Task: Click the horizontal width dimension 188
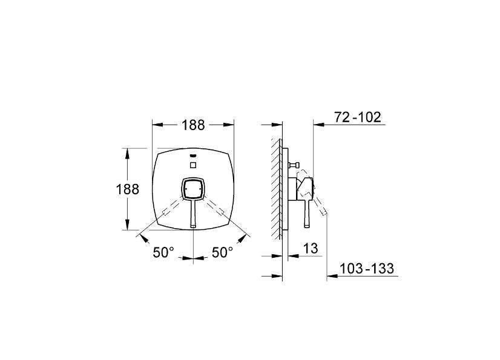(192, 125)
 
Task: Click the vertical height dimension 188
(127, 189)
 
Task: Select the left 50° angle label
(163, 253)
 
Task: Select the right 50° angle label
(222, 253)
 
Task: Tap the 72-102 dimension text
(358, 117)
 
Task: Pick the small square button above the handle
(193, 165)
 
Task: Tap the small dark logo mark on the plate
(193, 155)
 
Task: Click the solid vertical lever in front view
(192, 215)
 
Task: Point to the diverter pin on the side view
(295, 165)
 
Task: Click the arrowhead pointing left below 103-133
(331, 277)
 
